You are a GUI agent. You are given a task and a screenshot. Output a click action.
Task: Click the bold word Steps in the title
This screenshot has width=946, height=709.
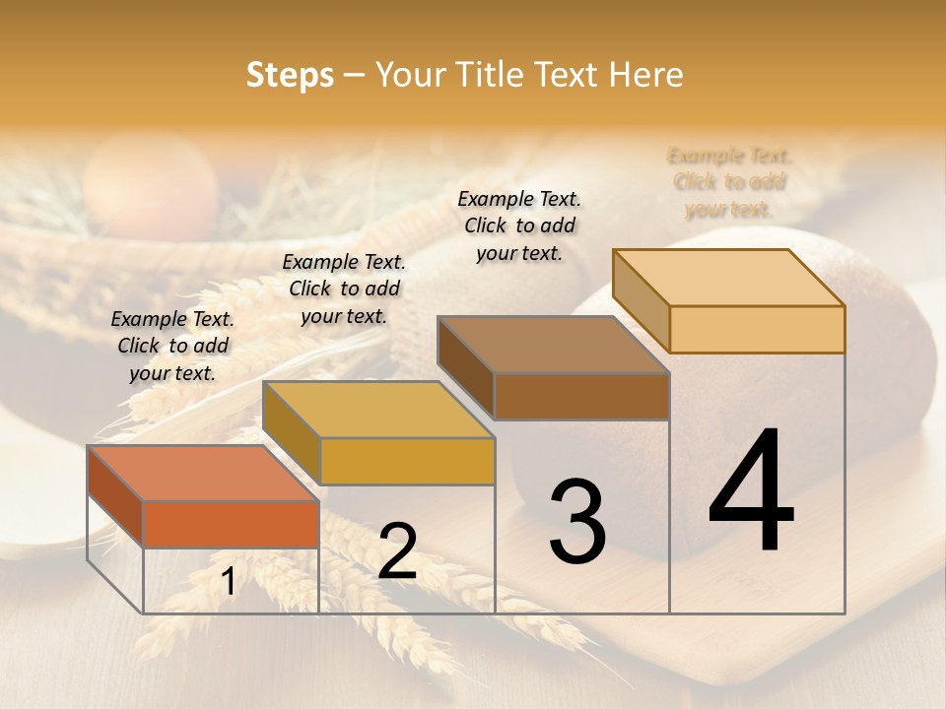point(289,75)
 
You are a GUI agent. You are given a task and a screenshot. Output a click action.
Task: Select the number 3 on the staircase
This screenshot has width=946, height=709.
point(577,522)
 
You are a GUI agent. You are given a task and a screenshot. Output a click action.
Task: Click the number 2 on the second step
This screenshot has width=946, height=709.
point(397,551)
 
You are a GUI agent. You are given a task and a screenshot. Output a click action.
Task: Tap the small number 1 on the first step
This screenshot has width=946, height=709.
point(229,582)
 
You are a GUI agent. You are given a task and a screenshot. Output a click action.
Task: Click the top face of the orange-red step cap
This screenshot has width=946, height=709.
point(202,473)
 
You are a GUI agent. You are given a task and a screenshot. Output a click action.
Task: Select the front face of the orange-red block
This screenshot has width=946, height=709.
point(231,524)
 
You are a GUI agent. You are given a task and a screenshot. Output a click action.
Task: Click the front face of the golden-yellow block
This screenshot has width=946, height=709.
point(407,461)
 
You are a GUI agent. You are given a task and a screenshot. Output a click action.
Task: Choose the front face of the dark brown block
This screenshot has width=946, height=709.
point(581,396)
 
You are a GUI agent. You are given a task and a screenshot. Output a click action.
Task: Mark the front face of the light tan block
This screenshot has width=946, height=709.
point(757,329)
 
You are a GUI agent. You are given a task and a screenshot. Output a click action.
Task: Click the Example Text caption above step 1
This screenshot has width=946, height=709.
point(172,346)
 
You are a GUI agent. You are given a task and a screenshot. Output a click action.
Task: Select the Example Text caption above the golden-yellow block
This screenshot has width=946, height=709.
point(344,289)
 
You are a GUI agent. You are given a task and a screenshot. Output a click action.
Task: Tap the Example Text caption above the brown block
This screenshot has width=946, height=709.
point(519,226)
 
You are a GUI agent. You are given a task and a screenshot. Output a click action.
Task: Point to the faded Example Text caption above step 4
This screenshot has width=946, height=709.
point(729,182)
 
